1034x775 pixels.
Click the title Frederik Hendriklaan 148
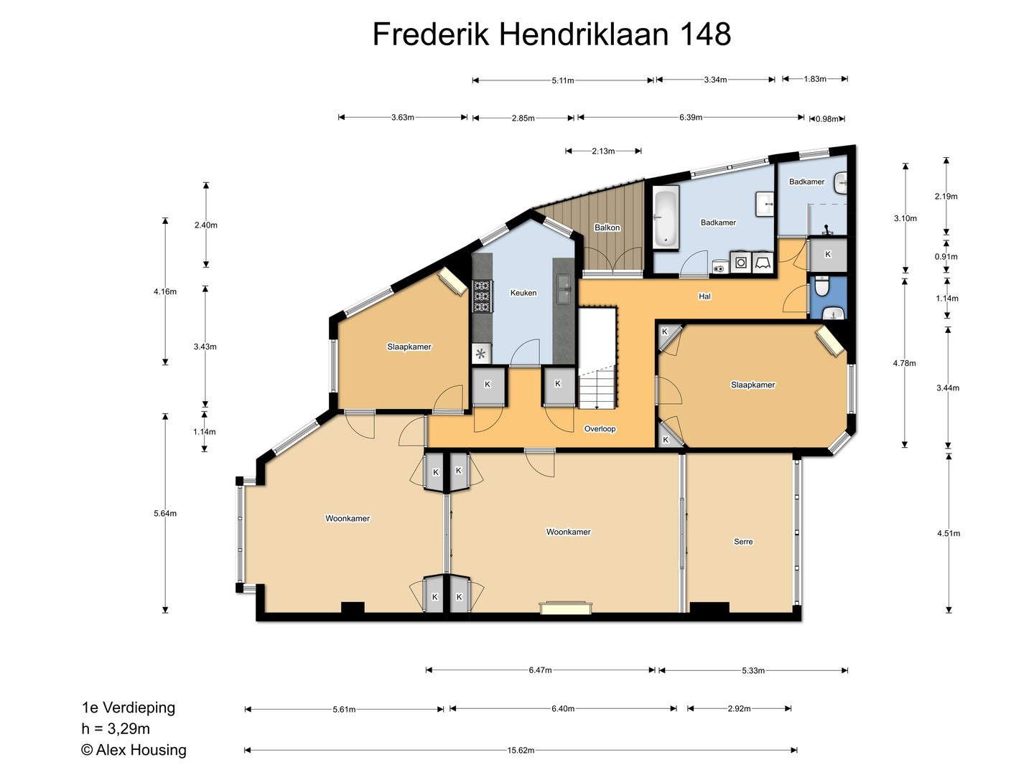coord(551,34)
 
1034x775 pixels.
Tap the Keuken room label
coord(523,293)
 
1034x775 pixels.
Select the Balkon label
coord(607,227)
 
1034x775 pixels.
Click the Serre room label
coord(743,542)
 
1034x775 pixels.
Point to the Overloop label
coord(600,429)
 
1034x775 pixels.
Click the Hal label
coord(704,296)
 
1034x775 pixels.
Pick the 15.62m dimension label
coord(521,751)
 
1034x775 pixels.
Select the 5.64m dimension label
coord(165,514)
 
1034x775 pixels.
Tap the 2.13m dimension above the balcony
coord(603,151)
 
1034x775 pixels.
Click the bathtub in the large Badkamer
coord(666,217)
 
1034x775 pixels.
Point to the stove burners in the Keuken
coord(481,296)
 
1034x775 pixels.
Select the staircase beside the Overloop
coord(597,358)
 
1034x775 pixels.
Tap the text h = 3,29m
coord(116,729)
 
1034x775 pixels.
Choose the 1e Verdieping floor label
coord(128,708)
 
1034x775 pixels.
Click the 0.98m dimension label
coord(826,119)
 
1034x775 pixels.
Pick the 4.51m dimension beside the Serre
coord(949,533)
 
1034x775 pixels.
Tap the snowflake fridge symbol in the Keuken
coord(480,353)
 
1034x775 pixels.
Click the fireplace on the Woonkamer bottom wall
coord(566,608)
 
